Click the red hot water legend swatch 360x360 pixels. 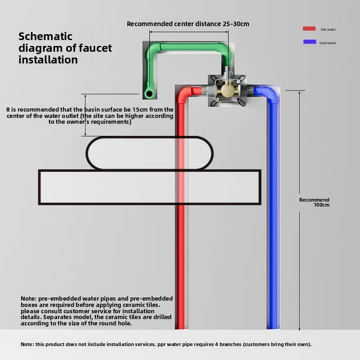pyautogui.click(x=309, y=29)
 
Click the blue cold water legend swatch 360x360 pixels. pyautogui.click(x=309, y=42)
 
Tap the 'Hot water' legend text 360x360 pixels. pyautogui.click(x=328, y=30)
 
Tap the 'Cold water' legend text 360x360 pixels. pyautogui.click(x=328, y=43)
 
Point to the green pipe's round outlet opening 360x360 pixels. pyautogui.click(x=148, y=93)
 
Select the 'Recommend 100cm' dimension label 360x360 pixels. pyautogui.click(x=315, y=202)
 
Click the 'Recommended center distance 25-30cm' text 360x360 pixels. pyautogui.click(x=188, y=24)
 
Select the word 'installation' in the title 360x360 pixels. pyautogui.click(x=48, y=59)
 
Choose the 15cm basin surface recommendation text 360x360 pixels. pyautogui.click(x=90, y=115)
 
